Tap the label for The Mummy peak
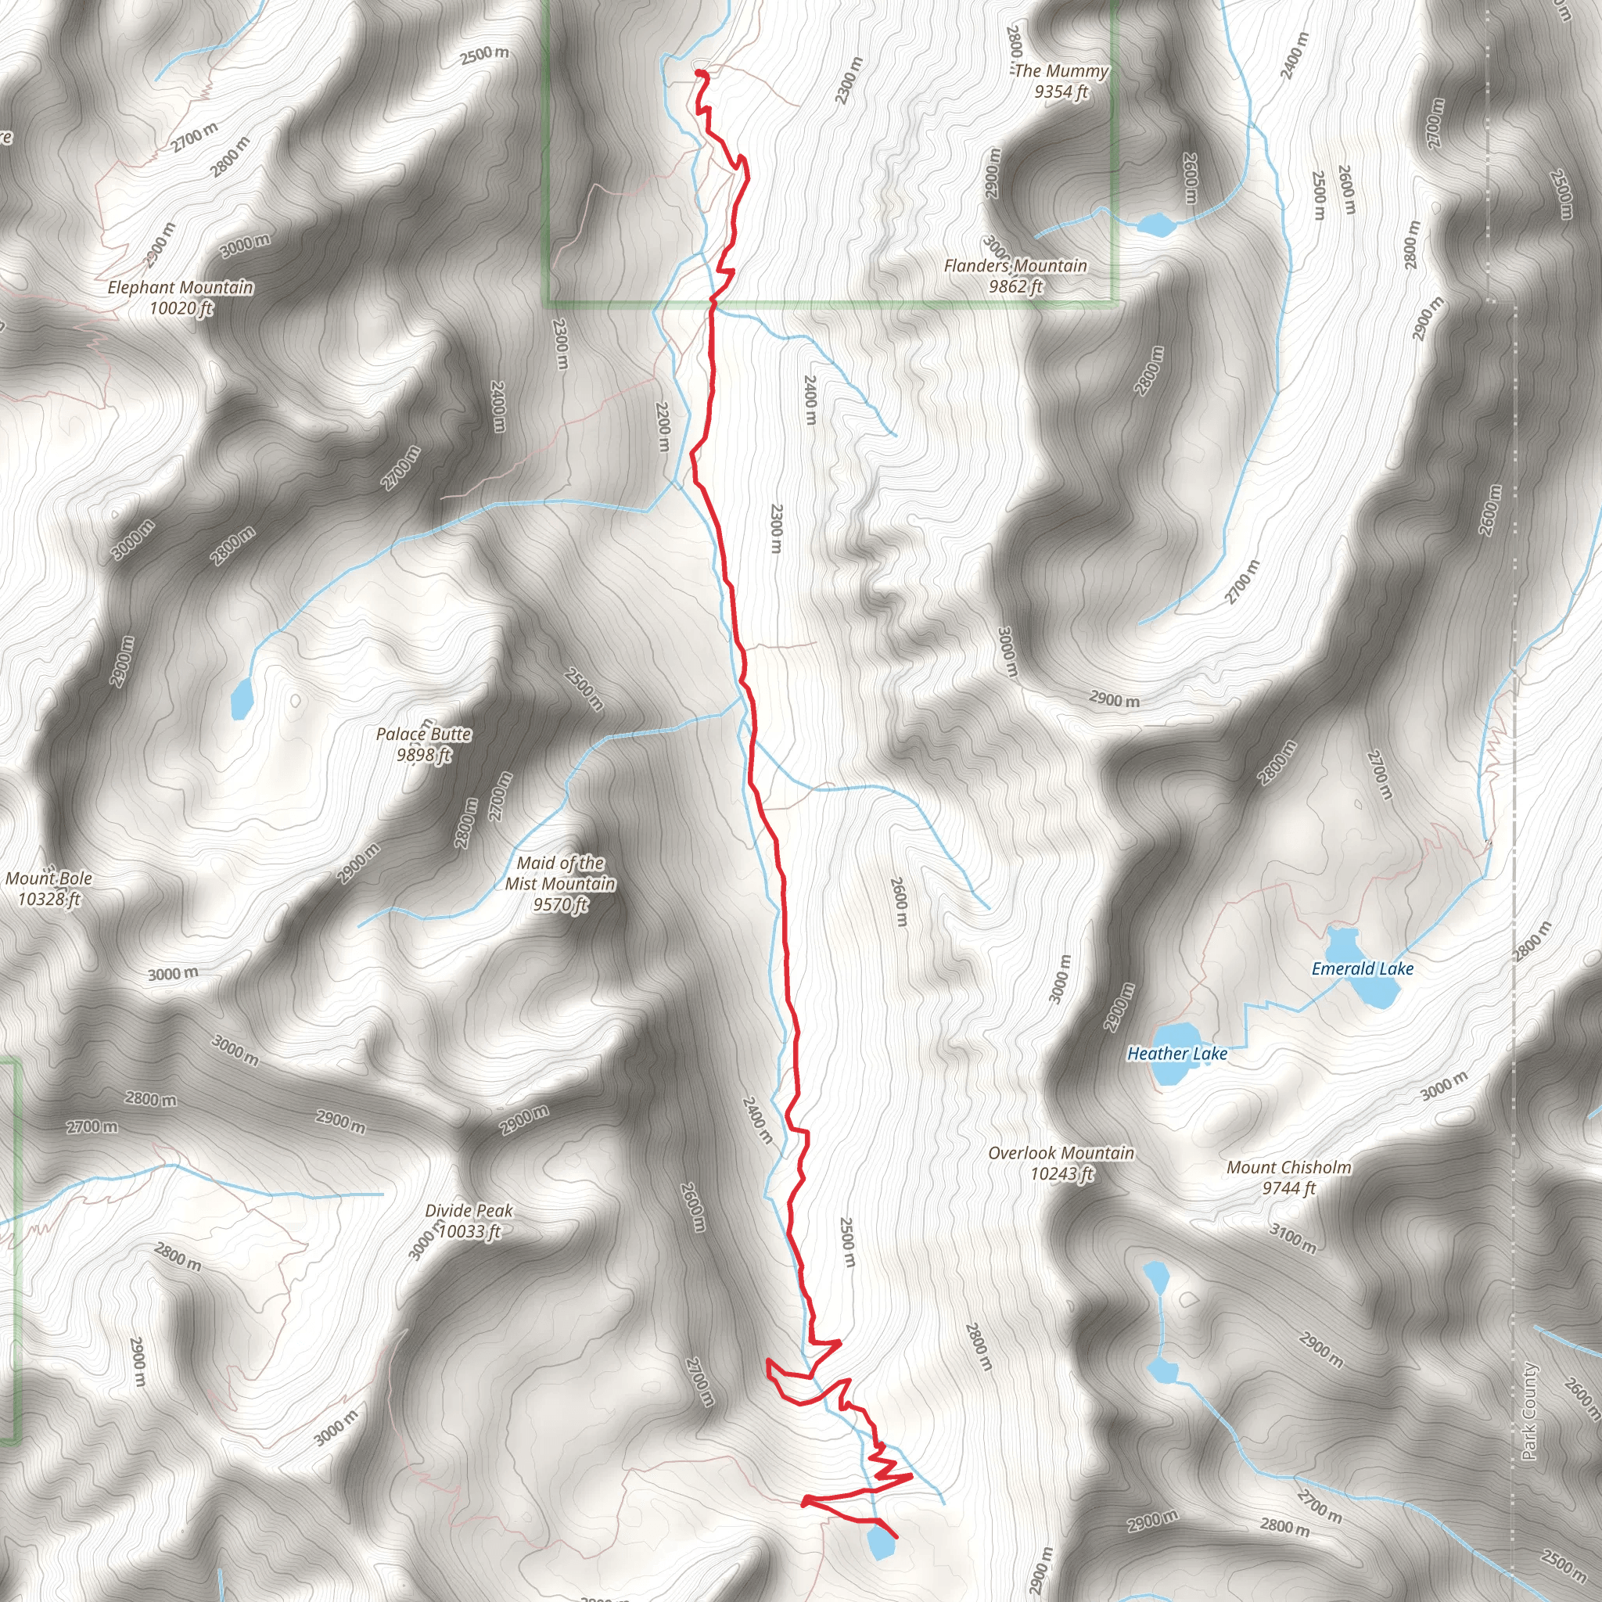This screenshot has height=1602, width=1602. coord(1061,81)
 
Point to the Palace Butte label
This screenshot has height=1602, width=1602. coord(423,744)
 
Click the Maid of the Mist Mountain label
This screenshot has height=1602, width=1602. coord(560,884)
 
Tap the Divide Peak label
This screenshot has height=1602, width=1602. coord(469,1220)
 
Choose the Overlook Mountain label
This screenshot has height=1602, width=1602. coord(1061,1162)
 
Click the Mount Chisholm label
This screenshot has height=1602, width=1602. coord(1288,1177)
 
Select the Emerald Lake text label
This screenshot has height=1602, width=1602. coord(1362,968)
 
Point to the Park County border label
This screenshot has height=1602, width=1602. coord(1529,1410)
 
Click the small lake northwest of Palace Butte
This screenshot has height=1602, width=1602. coord(241,699)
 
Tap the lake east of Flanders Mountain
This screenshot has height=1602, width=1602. coord(1156,224)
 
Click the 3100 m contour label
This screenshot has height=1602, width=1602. coord(1293,1238)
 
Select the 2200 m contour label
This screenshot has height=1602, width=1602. coord(662,426)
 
